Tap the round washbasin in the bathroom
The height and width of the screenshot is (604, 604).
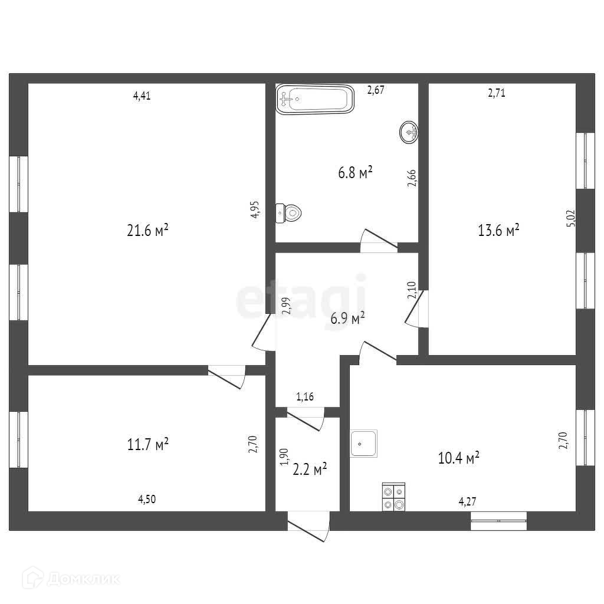409,132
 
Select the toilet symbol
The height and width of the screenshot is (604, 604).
289,212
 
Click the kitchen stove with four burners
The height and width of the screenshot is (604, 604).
393,497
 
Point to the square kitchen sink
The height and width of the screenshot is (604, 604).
365,443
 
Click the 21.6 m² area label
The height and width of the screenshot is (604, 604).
148,231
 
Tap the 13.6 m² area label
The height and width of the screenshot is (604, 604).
498,229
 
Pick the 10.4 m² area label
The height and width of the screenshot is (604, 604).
458,458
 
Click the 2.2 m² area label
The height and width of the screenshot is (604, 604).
310,470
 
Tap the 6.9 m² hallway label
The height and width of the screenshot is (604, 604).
347,319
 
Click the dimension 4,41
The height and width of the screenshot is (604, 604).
142,96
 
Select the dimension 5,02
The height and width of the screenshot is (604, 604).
570,219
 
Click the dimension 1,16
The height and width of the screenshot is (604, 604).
304,397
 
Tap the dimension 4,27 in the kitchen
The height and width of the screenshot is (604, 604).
467,502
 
